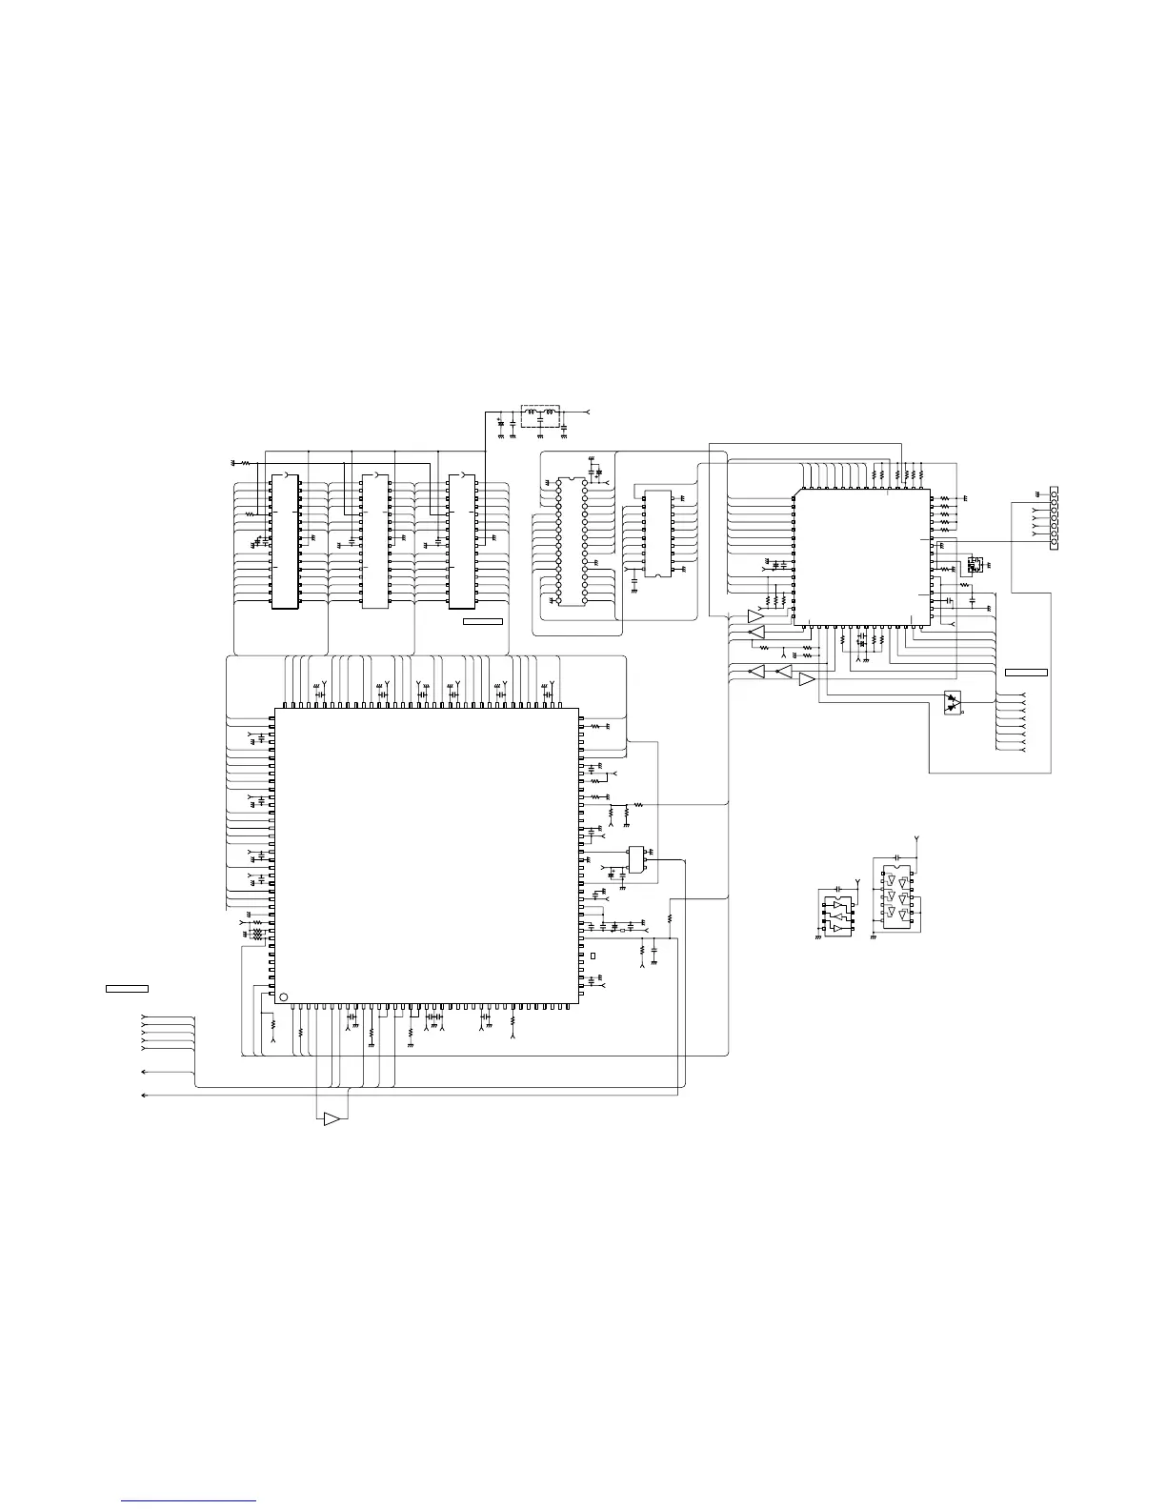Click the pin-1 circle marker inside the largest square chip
pyautogui.click(x=281, y=997)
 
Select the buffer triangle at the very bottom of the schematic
pyautogui.click(x=332, y=1118)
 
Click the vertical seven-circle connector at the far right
pyautogui.click(x=1054, y=518)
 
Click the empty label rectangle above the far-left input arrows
pyautogui.click(x=127, y=987)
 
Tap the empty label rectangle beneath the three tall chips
pyautogui.click(x=482, y=622)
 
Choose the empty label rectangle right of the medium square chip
pyautogui.click(x=1026, y=673)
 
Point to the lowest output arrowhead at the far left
pyautogui.click(x=144, y=1097)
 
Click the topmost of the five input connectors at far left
pyautogui.click(x=144, y=1017)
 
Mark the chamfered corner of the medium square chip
pyautogui.click(x=797, y=494)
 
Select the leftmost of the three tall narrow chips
pyautogui.click(x=286, y=540)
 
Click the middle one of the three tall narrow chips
pyautogui.click(x=375, y=540)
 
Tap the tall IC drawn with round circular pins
pyautogui.click(x=572, y=540)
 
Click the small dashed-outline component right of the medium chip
pyautogui.click(x=974, y=564)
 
